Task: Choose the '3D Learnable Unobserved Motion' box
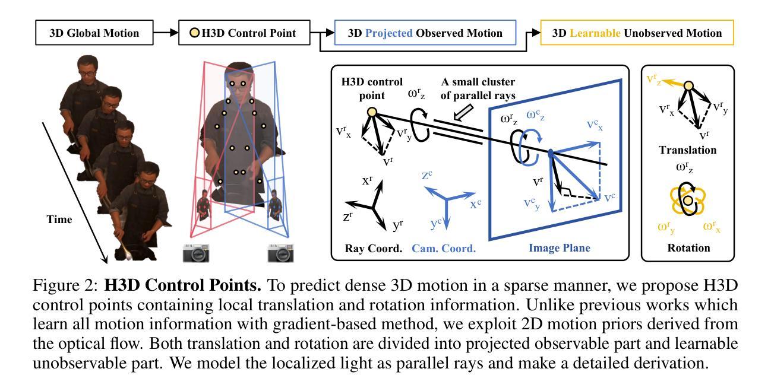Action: tap(637, 33)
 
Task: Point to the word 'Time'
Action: tap(59, 220)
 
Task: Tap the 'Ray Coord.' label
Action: tap(374, 248)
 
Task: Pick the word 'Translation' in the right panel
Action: tap(688, 150)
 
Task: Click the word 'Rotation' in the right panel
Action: tap(688, 247)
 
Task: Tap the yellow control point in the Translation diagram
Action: tap(688, 86)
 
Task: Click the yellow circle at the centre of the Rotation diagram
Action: tap(688, 202)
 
